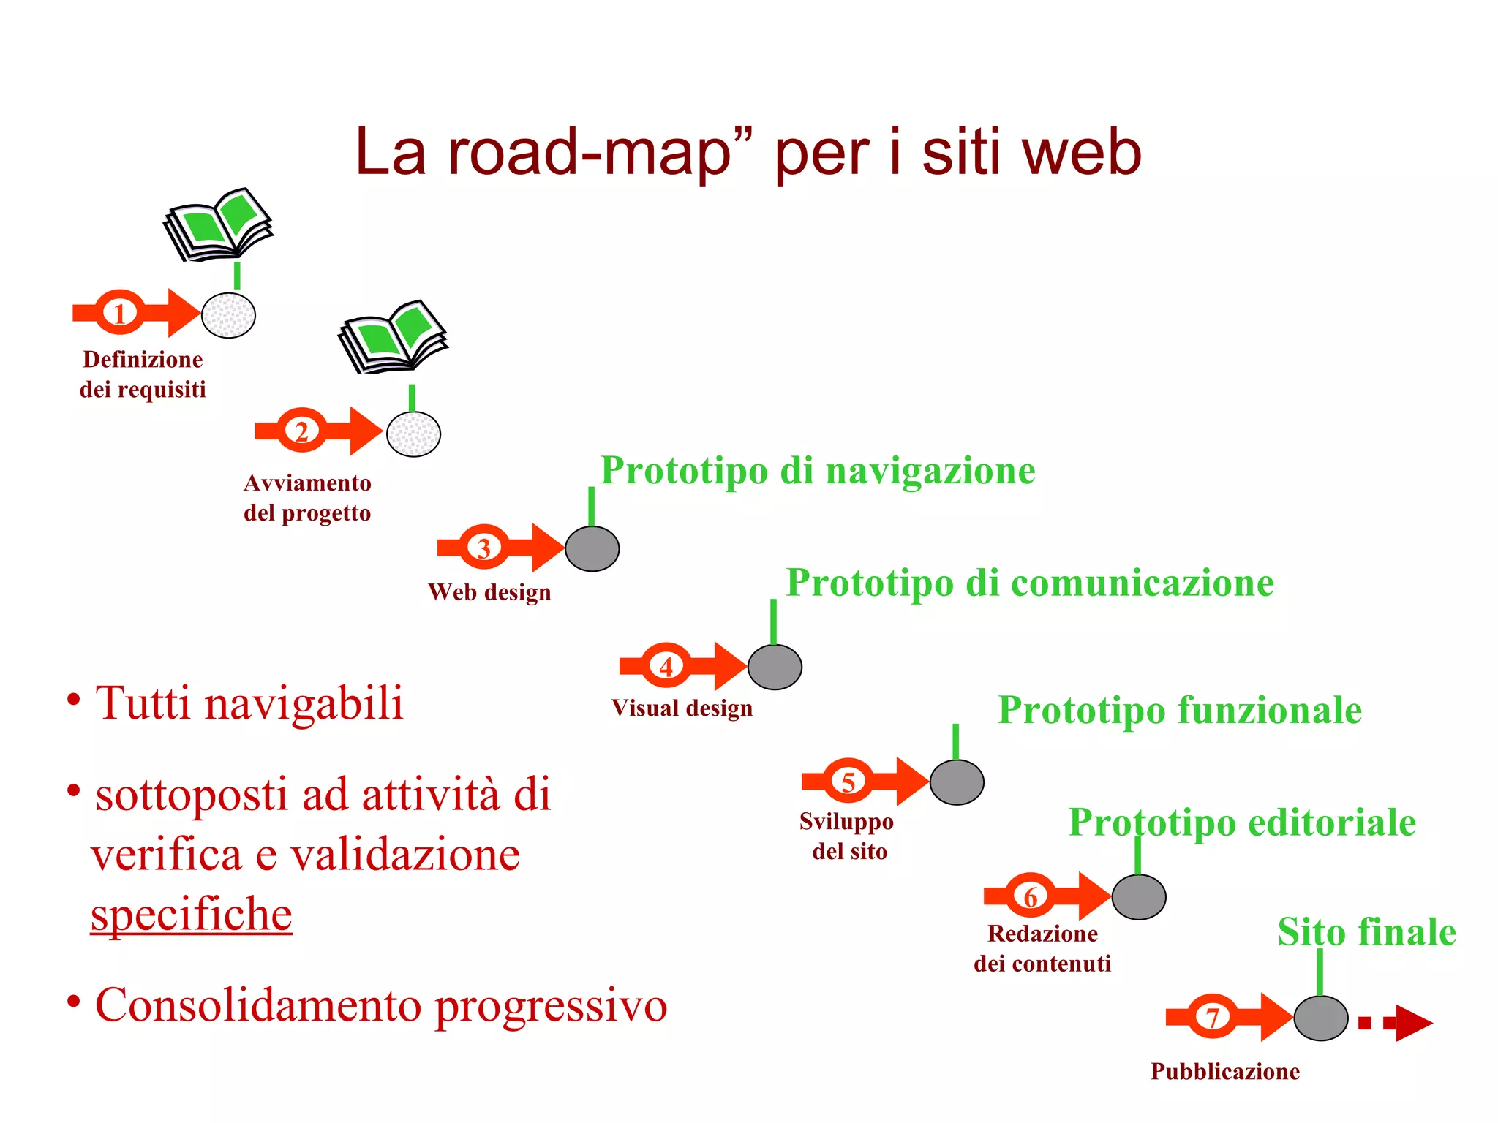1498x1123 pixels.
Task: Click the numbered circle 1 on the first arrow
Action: [x=120, y=313]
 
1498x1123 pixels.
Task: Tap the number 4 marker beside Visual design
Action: [x=666, y=666]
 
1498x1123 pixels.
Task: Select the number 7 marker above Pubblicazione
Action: [x=1213, y=1017]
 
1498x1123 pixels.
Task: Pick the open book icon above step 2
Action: [x=394, y=336]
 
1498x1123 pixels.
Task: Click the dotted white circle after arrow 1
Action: [x=228, y=315]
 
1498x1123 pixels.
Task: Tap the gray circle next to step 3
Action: [x=592, y=548]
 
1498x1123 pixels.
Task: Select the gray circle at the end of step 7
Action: [x=1321, y=1018]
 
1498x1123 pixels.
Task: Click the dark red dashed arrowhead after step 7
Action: [x=1412, y=1023]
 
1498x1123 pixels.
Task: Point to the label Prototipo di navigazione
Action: [x=818, y=470]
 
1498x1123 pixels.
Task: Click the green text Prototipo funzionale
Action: [x=1180, y=710]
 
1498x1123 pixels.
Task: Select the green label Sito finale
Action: [x=1366, y=932]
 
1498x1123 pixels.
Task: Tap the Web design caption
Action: [x=489, y=592]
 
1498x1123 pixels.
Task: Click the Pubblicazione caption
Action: [x=1225, y=1071]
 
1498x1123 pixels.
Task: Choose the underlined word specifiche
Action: [x=192, y=914]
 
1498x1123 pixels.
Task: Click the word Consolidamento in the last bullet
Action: [x=258, y=1005]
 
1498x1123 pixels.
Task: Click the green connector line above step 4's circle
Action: [x=773, y=621]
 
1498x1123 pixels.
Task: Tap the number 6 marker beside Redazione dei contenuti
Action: [x=1031, y=896]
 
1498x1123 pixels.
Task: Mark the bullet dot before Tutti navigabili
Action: [x=73, y=700]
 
